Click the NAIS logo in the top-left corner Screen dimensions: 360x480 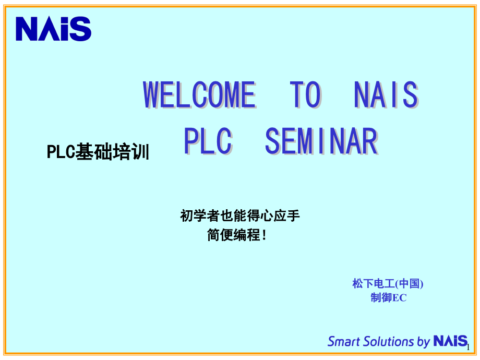pos(53,29)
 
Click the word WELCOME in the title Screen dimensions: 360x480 pos(199,95)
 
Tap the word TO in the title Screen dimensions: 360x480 pos(305,95)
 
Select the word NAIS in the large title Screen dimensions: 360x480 pos(386,95)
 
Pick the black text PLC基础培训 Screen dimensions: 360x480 pos(98,152)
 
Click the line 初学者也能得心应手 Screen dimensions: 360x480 pos(240,215)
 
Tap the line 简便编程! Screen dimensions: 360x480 pos(236,235)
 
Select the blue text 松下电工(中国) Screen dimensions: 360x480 pos(388,284)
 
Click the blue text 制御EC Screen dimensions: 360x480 pos(388,298)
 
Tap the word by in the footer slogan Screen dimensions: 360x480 pos(423,342)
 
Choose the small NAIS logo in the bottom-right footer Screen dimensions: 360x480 pos(450,342)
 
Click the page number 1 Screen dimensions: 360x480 pos(469,347)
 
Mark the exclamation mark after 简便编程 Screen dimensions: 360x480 pos(263,235)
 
